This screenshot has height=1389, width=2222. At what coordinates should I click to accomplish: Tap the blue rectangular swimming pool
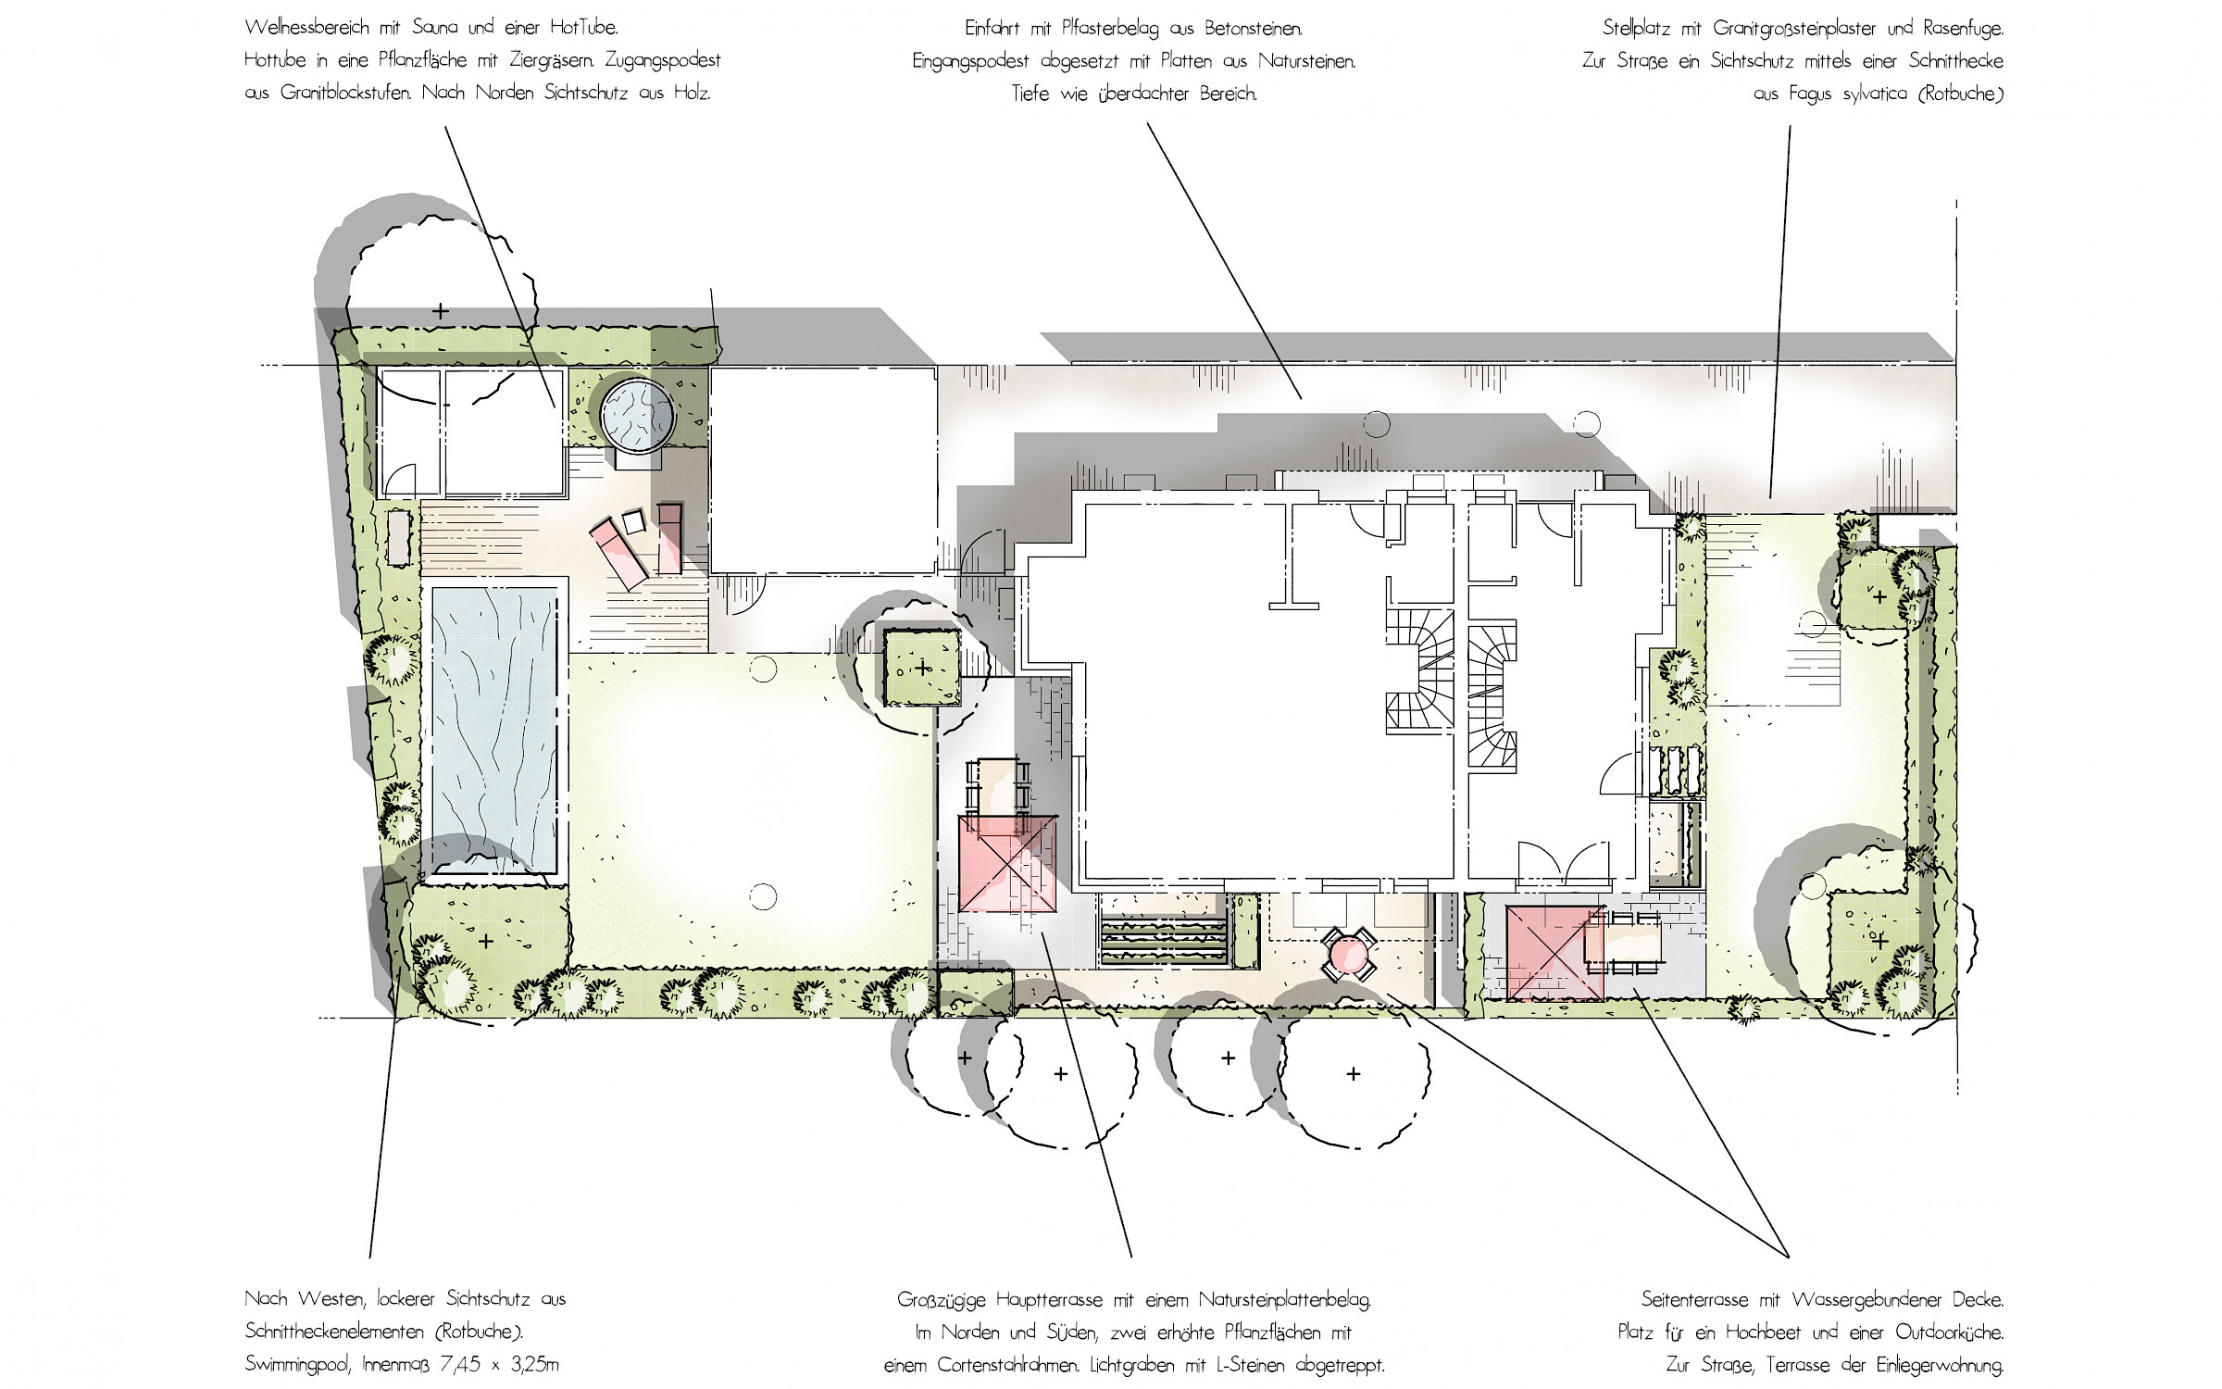tap(494, 730)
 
